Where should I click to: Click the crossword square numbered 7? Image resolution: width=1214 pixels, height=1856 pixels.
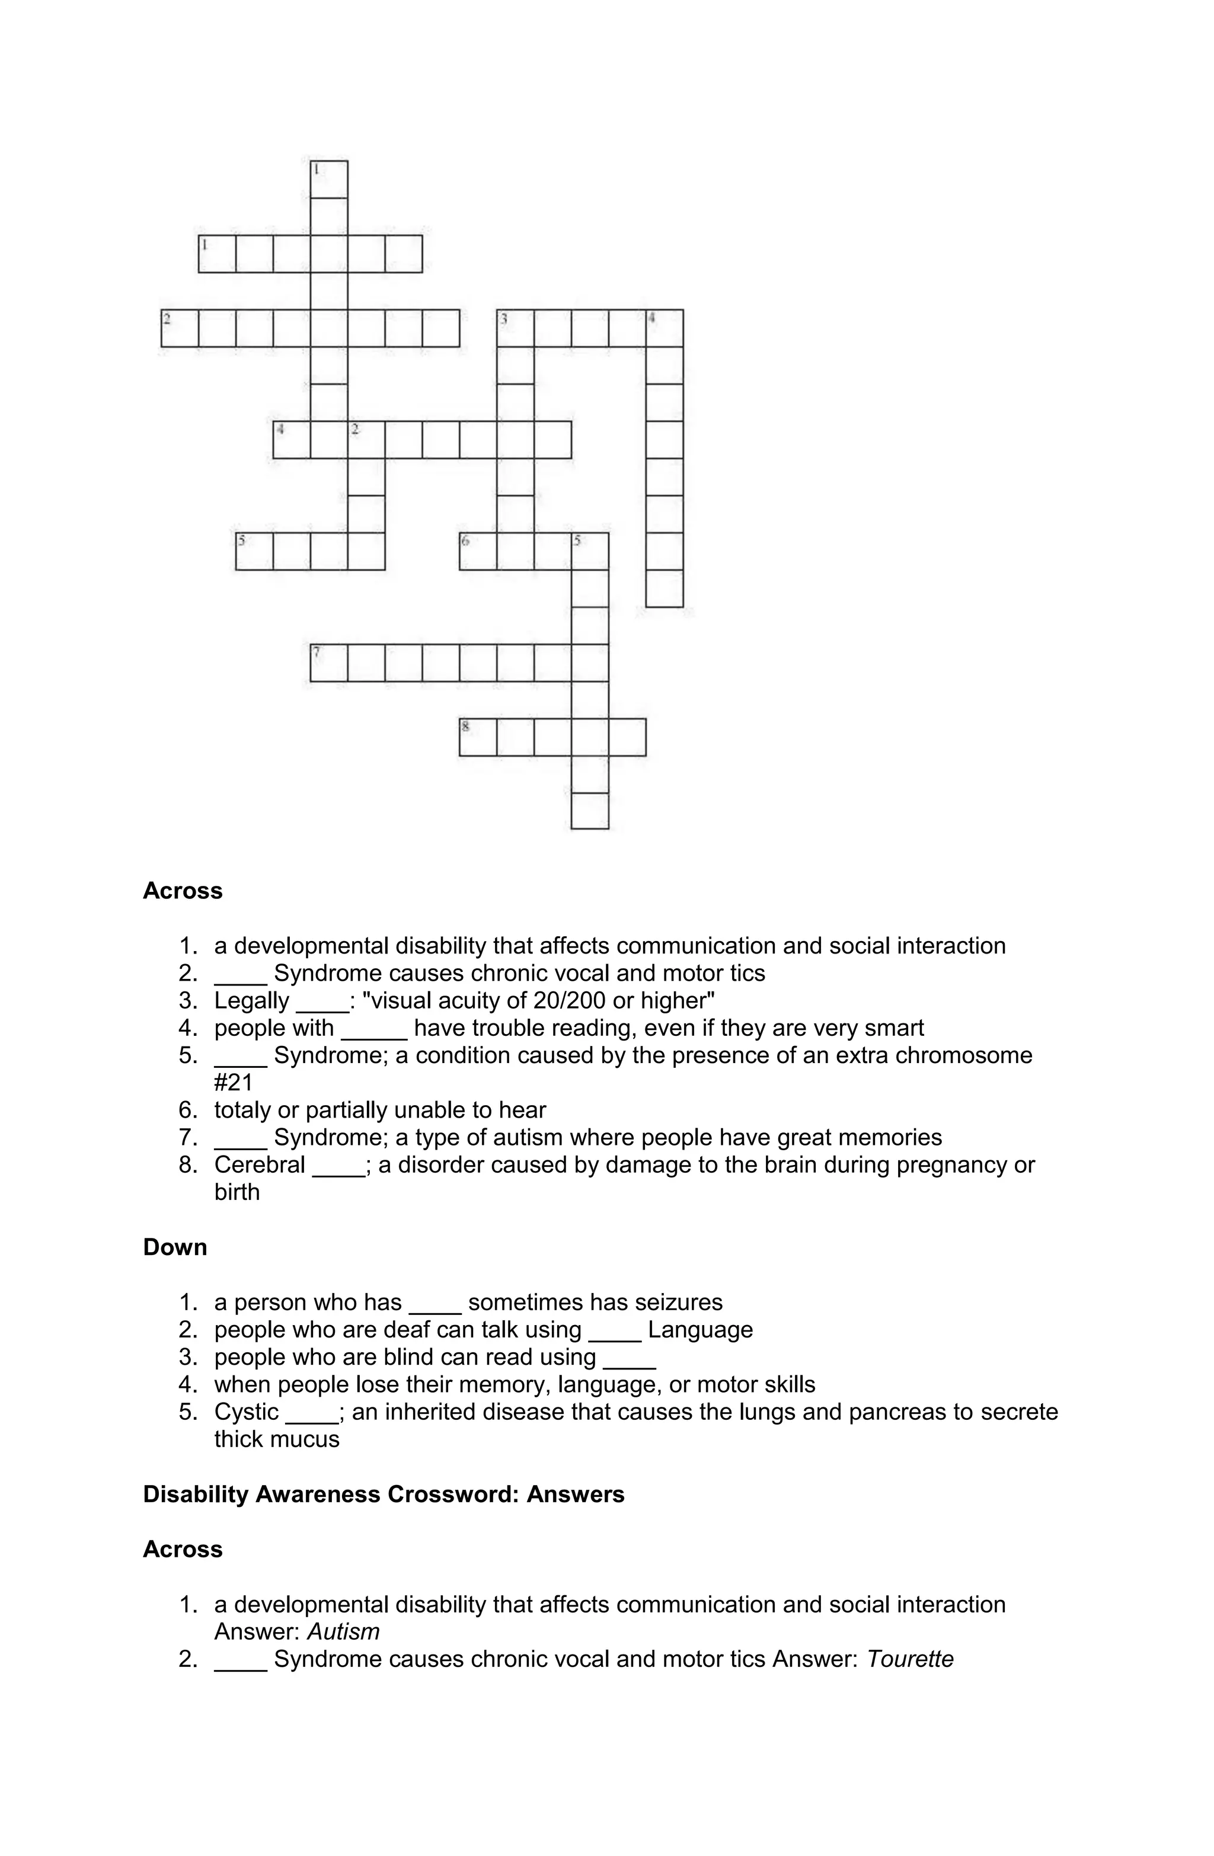tap(328, 663)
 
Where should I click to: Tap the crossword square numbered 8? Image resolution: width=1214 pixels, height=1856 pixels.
tap(478, 737)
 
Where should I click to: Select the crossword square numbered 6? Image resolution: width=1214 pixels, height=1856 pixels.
tap(478, 551)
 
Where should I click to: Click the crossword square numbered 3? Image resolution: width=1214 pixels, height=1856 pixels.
tap(515, 328)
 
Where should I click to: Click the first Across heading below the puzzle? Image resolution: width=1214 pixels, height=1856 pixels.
tap(183, 891)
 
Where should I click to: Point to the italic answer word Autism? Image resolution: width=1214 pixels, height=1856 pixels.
tap(343, 1631)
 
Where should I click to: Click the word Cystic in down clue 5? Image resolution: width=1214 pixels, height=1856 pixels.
tap(247, 1412)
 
